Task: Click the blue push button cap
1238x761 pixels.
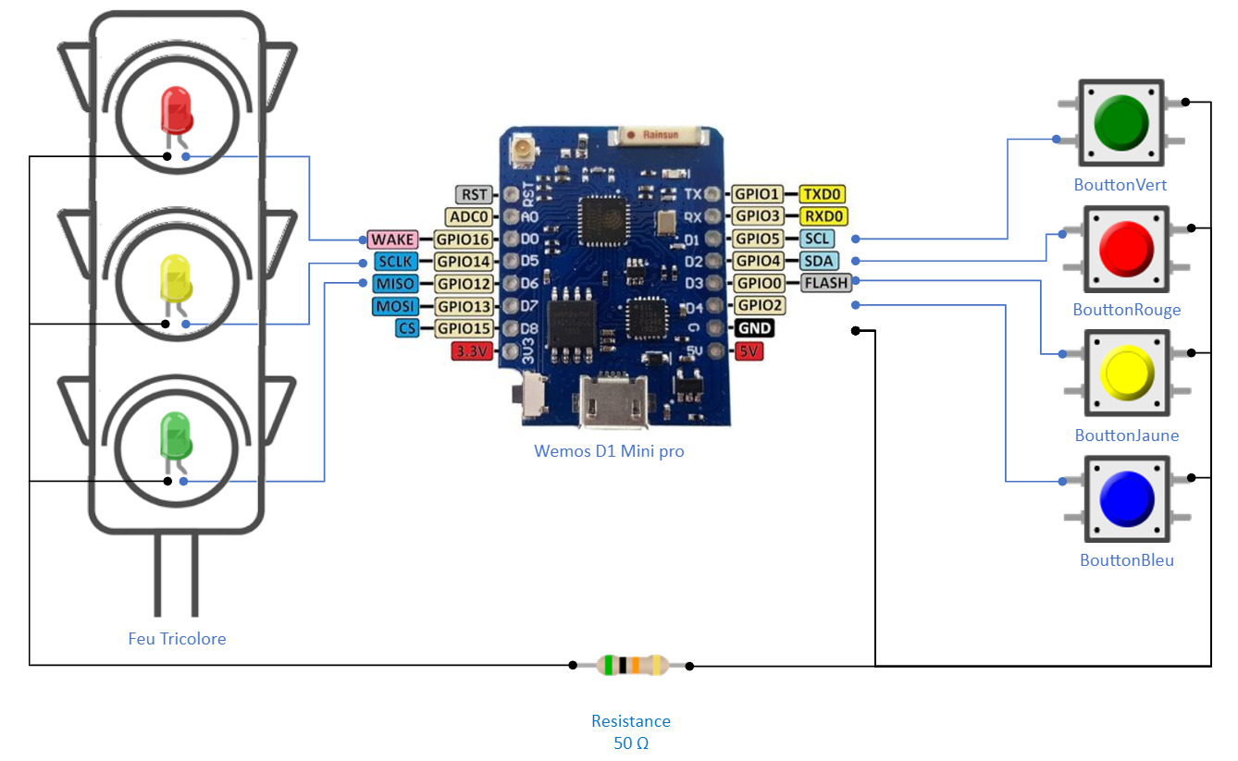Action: pos(1127,498)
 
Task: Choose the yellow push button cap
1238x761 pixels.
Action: pos(1127,373)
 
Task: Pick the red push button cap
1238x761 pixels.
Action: pos(1127,249)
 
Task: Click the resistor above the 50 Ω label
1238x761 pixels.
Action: pos(632,666)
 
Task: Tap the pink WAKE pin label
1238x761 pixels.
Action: pos(392,239)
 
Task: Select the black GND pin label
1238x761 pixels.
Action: pos(754,328)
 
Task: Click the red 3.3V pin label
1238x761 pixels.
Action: pos(472,351)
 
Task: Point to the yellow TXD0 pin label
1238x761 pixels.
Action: pos(822,194)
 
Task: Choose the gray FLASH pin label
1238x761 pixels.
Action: pos(826,283)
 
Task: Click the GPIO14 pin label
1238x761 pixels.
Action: pos(464,261)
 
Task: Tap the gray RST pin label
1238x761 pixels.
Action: pos(474,194)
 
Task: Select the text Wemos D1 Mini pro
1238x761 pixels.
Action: pos(609,451)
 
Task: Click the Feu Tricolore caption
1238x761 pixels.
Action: pos(177,639)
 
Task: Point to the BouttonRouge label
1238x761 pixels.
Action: pos(1127,310)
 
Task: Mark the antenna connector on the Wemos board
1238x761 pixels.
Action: pos(523,150)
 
